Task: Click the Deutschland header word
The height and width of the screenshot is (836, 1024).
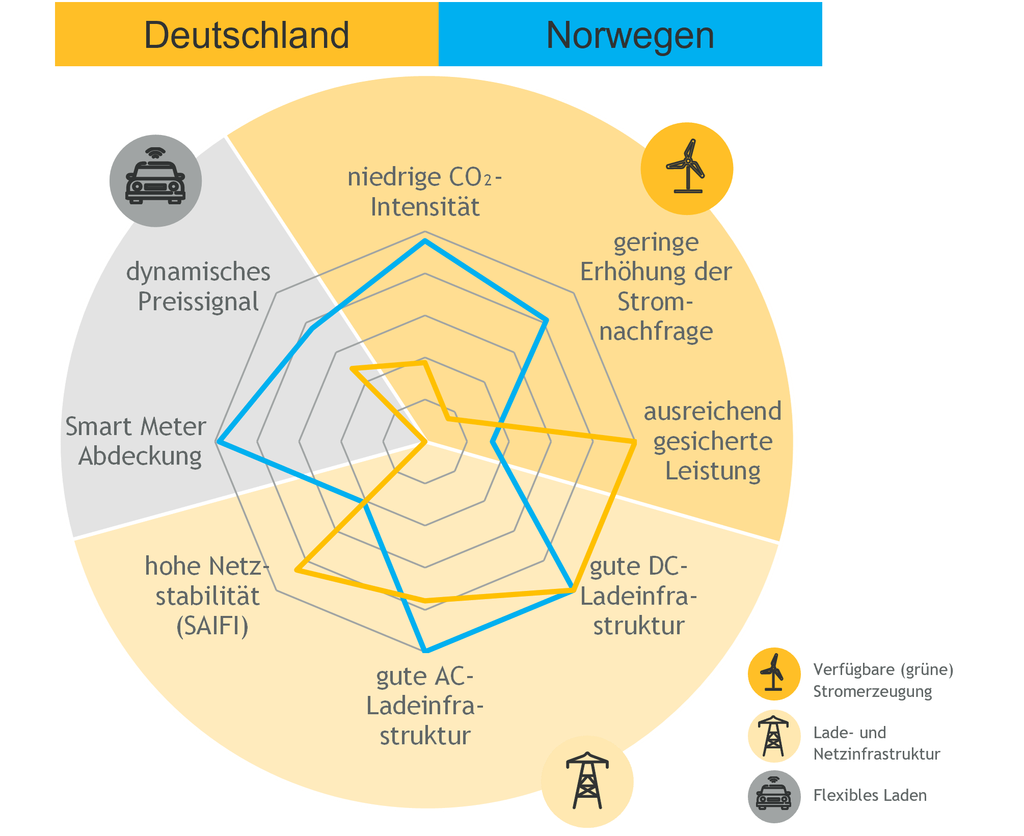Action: click(247, 35)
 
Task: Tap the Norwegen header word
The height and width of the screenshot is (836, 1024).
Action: click(630, 36)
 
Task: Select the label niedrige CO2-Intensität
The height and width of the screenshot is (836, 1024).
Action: click(425, 192)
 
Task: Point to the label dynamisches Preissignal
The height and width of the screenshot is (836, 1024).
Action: click(198, 286)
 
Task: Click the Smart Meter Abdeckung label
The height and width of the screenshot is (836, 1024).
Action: click(136, 441)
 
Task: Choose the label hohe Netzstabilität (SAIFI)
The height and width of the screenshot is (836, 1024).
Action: click(207, 596)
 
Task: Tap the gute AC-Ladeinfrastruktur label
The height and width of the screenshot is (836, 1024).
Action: click(425, 706)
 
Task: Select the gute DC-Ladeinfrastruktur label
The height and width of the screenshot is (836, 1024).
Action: click(639, 596)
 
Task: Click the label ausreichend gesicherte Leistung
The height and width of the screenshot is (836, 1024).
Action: click(713, 441)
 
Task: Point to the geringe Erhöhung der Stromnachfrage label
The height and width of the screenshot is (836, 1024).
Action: click(656, 286)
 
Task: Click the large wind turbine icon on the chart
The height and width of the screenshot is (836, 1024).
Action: click(687, 168)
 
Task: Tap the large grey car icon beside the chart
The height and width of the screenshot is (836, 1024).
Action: click(155, 181)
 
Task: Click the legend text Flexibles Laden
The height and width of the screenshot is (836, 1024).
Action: click(870, 795)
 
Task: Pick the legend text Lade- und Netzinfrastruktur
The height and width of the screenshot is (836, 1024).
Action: click(877, 743)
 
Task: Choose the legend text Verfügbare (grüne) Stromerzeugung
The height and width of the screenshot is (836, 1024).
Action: click(883, 680)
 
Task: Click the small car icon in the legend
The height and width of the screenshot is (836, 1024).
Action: click(774, 796)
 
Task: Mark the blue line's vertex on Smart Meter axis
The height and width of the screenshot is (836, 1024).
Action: click(218, 442)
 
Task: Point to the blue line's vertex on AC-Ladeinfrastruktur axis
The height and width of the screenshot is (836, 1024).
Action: click(426, 651)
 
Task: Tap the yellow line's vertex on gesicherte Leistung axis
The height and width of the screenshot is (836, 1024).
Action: click(634, 443)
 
